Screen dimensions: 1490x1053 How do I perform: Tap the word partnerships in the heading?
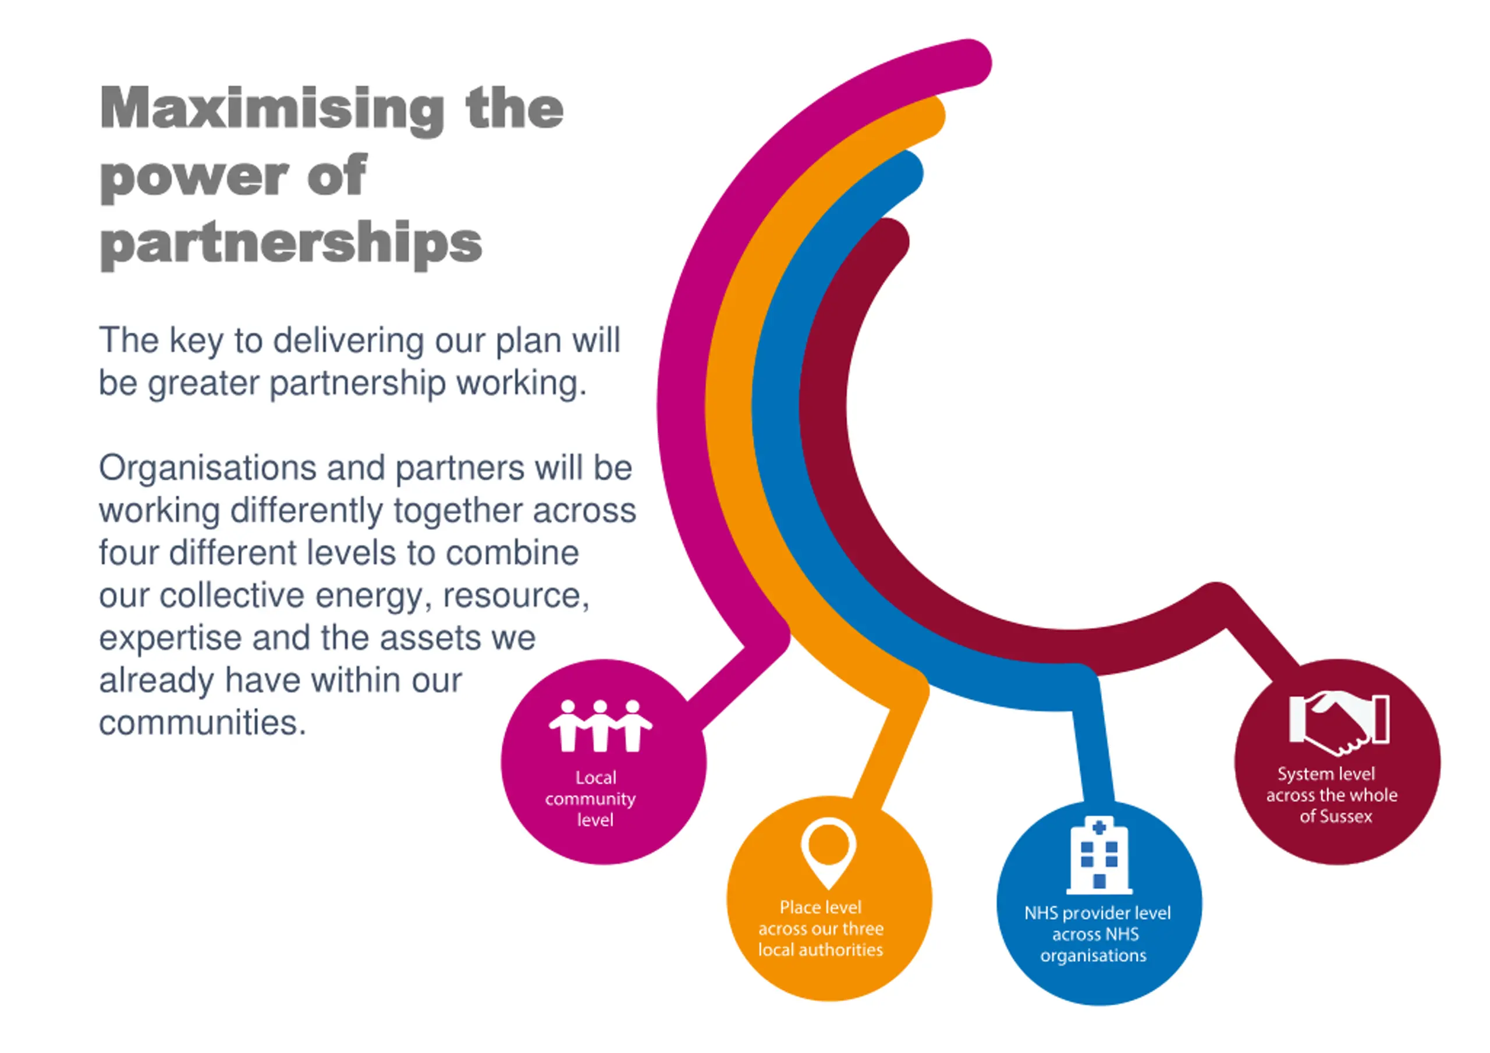click(x=291, y=244)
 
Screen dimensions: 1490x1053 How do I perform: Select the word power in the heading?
click(x=194, y=176)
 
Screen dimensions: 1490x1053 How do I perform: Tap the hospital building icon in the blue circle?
click(x=1099, y=855)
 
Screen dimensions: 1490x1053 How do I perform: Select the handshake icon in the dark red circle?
click(x=1338, y=722)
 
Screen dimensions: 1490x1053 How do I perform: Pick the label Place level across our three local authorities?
click(x=821, y=929)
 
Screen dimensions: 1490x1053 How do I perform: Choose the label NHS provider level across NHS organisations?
click(x=1097, y=934)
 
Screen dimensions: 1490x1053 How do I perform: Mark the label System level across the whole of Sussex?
click(x=1331, y=795)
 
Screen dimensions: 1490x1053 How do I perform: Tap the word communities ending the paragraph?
click(x=202, y=723)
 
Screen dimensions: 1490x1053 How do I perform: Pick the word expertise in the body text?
click(x=170, y=638)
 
